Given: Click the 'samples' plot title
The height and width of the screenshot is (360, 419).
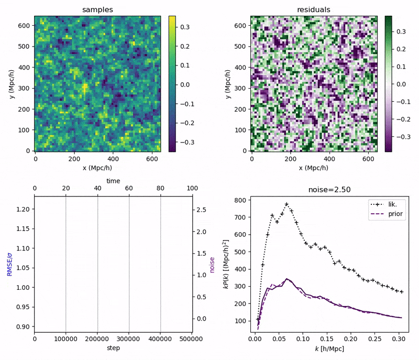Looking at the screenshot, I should (97, 9).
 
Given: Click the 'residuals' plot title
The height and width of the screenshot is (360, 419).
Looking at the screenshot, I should (313, 9).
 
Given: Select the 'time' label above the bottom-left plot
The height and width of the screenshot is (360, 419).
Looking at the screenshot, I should (113, 180).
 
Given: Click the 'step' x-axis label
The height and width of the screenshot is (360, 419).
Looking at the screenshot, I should (113, 348).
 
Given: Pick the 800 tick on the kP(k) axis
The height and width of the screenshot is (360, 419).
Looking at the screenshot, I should (240, 200).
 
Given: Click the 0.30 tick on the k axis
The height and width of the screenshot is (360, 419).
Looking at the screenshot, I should (397, 339).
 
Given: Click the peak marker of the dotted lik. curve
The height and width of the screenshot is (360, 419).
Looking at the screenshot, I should (286, 204).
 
